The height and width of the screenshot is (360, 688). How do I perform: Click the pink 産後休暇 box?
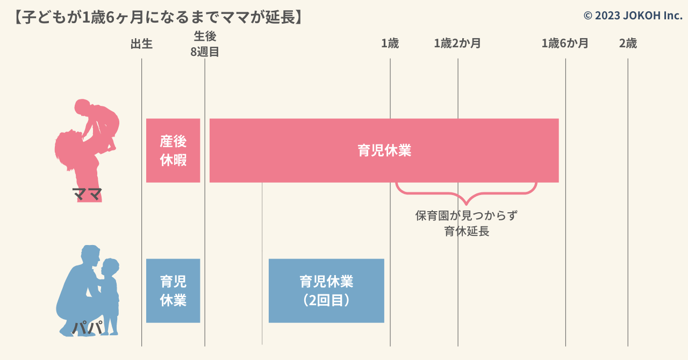click(173, 150)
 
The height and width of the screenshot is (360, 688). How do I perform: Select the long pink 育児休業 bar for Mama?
click(384, 150)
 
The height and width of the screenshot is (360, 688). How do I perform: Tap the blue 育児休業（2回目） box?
click(326, 291)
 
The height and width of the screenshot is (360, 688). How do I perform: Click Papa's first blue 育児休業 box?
click(173, 291)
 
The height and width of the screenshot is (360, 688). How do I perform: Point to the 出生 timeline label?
click(141, 44)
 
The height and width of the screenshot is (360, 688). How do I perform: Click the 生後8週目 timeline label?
click(205, 44)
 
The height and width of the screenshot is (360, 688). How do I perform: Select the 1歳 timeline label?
click(390, 44)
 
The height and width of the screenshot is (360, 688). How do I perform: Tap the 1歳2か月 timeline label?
click(457, 44)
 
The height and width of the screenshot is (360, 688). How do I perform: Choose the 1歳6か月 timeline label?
click(565, 44)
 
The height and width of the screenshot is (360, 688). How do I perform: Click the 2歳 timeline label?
click(628, 44)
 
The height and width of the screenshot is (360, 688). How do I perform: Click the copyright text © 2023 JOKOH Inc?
click(633, 16)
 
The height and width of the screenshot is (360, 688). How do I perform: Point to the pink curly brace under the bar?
click(466, 193)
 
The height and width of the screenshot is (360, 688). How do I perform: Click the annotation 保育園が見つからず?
click(466, 215)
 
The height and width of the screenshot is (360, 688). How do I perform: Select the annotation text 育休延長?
click(467, 231)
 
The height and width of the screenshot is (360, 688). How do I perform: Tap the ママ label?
click(87, 194)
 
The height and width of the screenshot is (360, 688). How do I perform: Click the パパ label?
click(88, 327)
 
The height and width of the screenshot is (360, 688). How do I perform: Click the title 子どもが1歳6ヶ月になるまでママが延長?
click(159, 17)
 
